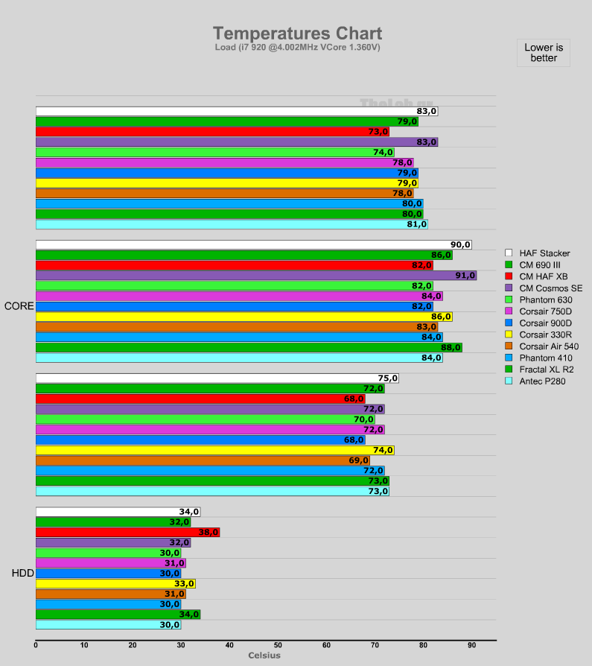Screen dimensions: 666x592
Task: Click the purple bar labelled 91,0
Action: coord(256,276)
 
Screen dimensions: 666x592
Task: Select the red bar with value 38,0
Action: coord(127,533)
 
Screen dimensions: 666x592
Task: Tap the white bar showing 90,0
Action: coord(253,244)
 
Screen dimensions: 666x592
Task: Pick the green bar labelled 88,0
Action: coord(249,347)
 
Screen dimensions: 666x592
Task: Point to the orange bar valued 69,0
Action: coord(203,460)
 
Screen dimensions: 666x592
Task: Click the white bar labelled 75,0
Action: coord(217,378)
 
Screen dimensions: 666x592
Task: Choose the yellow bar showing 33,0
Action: coord(115,584)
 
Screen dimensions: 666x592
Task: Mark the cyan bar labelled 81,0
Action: coord(232,224)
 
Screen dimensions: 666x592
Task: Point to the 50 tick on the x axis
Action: coord(278,645)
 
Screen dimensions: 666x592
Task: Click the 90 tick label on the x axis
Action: coord(471,645)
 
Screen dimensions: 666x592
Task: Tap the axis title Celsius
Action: coord(264,656)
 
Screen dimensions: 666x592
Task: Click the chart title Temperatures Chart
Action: coord(297,34)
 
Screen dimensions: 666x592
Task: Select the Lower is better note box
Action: coord(544,53)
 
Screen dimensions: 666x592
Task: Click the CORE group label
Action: coord(18,306)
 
